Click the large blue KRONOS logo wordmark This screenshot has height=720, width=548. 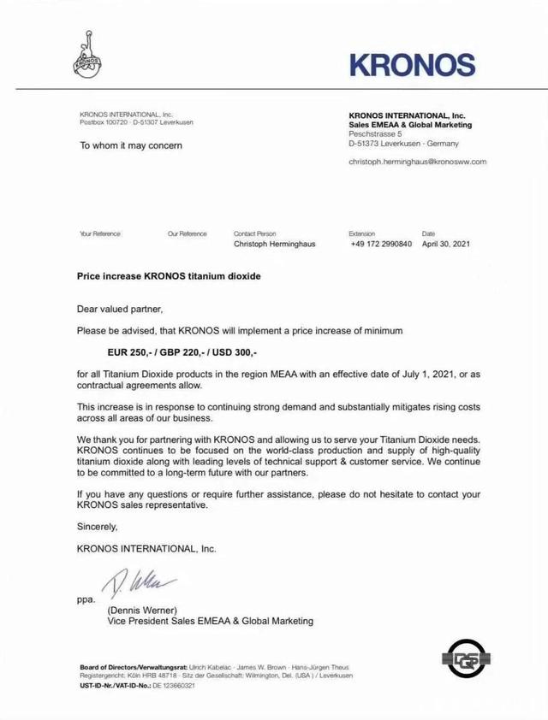(413, 65)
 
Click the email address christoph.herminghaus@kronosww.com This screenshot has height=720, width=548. (417, 161)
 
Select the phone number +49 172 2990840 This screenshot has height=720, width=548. (381, 244)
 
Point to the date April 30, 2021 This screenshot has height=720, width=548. (446, 244)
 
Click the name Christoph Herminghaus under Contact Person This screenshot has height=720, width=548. (274, 244)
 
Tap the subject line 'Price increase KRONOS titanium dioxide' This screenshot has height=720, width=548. (168, 277)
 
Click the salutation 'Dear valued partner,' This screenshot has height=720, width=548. (119, 308)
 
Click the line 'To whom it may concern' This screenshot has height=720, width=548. (131, 145)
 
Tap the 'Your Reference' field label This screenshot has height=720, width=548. (100, 233)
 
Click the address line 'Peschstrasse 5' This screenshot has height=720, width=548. (376, 133)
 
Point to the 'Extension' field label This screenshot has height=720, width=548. (362, 233)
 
